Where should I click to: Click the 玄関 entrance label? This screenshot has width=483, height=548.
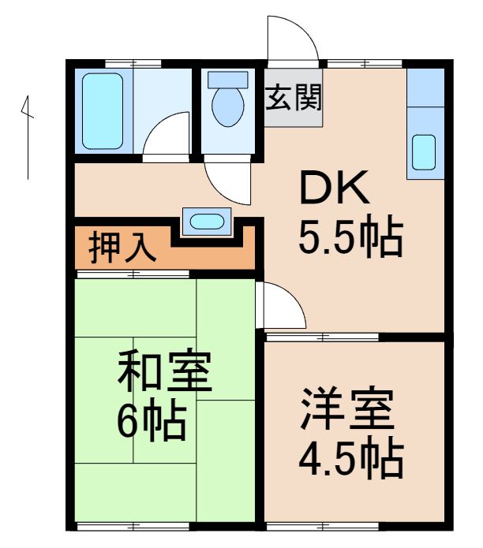pyautogui.click(x=294, y=103)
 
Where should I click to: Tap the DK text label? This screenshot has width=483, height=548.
pyautogui.click(x=332, y=189)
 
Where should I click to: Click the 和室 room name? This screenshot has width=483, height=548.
pyautogui.click(x=165, y=372)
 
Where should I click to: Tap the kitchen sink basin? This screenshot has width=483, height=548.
pyautogui.click(x=424, y=152)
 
